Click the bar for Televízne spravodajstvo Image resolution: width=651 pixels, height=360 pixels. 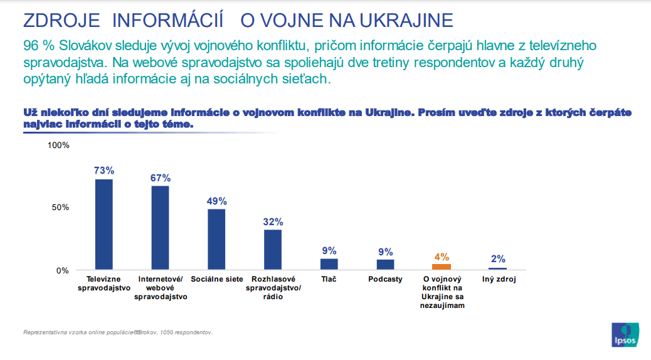click(103, 225)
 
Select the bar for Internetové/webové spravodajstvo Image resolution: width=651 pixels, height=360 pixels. click(160, 228)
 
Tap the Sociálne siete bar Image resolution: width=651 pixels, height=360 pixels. click(216, 240)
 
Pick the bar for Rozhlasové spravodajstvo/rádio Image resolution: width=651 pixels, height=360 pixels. click(273, 250)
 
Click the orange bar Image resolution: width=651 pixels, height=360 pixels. click(442, 267)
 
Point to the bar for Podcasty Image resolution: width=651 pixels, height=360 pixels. click(385, 265)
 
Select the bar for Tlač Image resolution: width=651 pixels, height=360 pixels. click(329, 264)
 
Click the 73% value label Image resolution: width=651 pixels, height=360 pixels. click(103, 171)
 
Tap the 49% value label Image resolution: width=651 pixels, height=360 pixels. click(216, 201)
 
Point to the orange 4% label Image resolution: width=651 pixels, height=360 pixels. click(442, 257)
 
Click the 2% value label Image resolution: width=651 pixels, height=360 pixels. click(498, 259)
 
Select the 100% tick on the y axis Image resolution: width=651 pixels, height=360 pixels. click(59, 146)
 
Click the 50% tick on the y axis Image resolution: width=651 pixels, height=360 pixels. click(61, 208)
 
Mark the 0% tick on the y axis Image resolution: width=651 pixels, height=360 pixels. click(63, 270)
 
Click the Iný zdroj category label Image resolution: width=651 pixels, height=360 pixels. click(498, 279)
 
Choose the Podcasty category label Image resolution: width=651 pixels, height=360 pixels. click(385, 279)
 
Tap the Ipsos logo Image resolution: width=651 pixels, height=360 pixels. click(625, 334)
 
